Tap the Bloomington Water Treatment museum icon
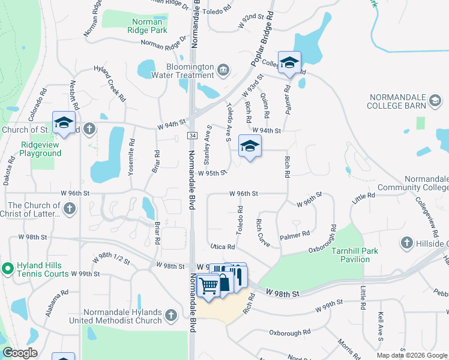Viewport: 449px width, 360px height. pos(223,71)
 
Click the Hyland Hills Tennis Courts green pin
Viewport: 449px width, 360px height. pos(8,268)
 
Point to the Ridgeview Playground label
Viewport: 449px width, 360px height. pos(41,149)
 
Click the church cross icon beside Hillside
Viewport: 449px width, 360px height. pos(407,242)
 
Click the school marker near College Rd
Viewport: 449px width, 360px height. pos(289,63)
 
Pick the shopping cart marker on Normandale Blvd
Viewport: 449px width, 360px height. pos(208,284)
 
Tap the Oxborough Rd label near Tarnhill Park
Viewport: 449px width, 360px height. pos(317,241)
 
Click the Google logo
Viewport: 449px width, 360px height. pos(20,353)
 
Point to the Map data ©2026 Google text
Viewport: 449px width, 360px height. pos(412,355)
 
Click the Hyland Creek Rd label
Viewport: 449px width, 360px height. pos(110,83)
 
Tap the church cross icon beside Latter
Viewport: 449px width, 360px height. pos(70,209)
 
